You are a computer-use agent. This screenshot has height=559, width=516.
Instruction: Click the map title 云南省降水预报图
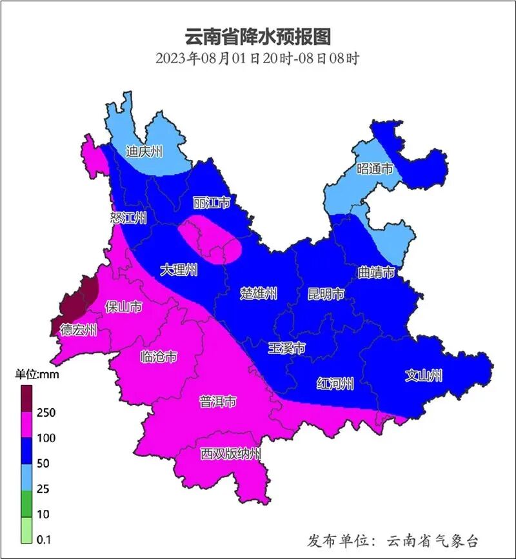pyautogui.click(x=257, y=36)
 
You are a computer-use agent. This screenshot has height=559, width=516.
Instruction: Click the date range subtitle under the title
pyautogui.click(x=257, y=58)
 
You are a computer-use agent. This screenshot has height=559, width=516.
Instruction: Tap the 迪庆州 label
pyautogui.click(x=144, y=152)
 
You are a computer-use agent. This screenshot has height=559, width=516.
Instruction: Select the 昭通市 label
pyautogui.click(x=375, y=170)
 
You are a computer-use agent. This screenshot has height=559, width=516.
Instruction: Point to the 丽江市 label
pyautogui.click(x=212, y=203)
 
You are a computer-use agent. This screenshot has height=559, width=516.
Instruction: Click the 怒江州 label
pyautogui.click(x=128, y=218)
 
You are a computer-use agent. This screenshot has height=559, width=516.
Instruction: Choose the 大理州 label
pyautogui.click(x=179, y=270)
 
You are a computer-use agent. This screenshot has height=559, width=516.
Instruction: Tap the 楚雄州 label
pyautogui.click(x=259, y=294)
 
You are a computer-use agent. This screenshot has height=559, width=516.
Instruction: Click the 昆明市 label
pyautogui.click(x=325, y=294)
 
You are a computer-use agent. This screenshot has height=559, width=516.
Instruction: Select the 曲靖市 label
pyautogui.click(x=376, y=273)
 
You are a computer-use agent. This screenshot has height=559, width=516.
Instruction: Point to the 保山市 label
pyautogui.click(x=123, y=306)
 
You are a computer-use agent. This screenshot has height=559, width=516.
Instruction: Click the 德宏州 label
pyautogui.click(x=78, y=331)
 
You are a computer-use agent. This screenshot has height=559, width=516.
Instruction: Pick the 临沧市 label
pyautogui.click(x=159, y=357)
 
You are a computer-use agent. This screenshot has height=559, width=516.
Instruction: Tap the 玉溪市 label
pyautogui.click(x=286, y=349)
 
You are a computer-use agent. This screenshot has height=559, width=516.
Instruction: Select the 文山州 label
pyautogui.click(x=424, y=375)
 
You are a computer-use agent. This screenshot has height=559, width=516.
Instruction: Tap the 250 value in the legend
pyautogui.click(x=46, y=413)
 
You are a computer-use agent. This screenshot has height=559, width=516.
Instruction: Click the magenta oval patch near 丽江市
pyautogui.click(x=210, y=239)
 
